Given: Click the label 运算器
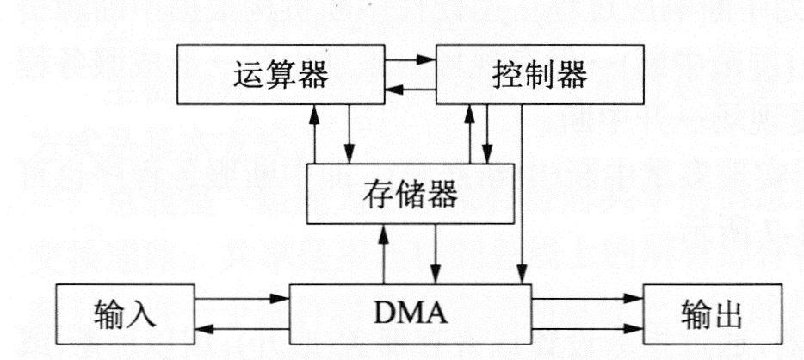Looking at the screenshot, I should point(280,77).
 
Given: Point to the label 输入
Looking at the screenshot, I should point(121,313).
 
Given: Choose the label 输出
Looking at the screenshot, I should point(715,313).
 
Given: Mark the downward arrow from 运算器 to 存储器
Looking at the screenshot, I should point(349,133).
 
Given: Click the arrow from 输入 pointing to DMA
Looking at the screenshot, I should point(242,298).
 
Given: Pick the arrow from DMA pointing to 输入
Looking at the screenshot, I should point(242,329).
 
